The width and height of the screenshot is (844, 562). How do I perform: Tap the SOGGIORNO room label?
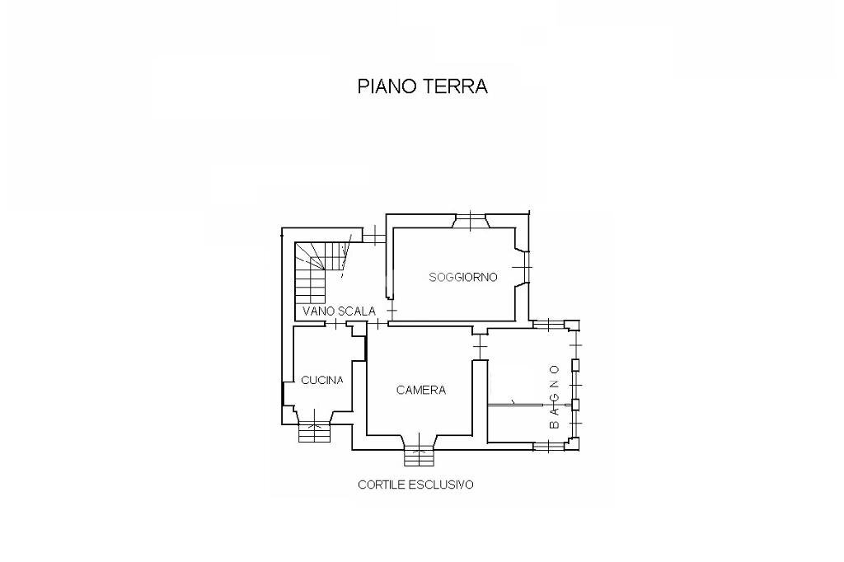463,278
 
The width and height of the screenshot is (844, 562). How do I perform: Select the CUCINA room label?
322,380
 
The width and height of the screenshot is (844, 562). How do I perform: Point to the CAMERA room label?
420,390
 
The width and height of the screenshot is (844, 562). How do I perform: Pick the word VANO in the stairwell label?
317,311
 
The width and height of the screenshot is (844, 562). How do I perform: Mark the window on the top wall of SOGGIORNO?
471,220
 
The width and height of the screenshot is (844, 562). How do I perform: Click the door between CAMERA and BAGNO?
480,346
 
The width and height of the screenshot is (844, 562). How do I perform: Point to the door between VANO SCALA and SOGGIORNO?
390,311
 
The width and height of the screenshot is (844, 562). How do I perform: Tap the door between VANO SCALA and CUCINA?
336,324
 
